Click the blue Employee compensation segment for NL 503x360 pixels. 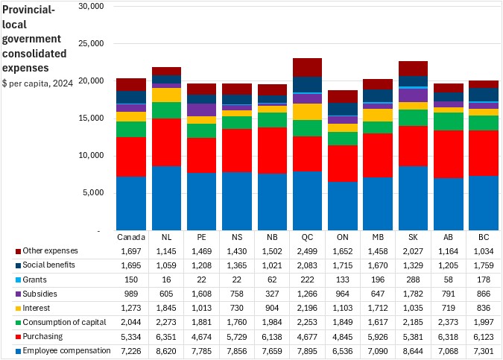[x=166, y=198]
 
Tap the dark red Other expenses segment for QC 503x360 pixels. [x=307, y=67]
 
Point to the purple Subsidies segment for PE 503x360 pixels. [x=201, y=110]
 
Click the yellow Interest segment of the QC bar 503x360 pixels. [x=307, y=112]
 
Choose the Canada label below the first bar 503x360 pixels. [x=131, y=237]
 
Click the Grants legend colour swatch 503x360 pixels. [x=17, y=279]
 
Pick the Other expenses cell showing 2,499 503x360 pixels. [x=307, y=250]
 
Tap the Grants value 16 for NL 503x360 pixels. [x=166, y=279]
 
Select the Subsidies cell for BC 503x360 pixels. [x=484, y=293]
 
